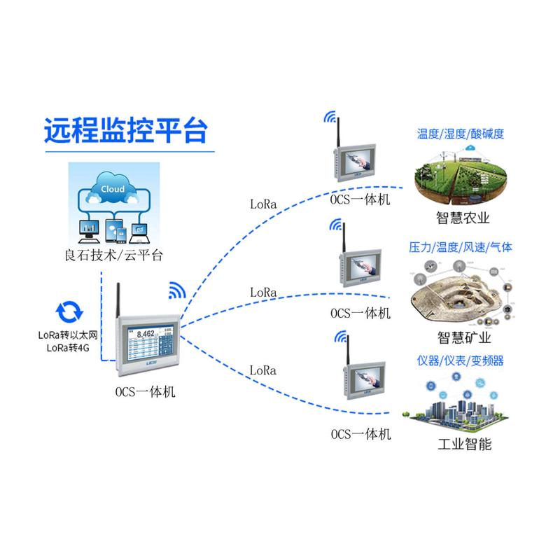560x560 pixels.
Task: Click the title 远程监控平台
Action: [126, 130]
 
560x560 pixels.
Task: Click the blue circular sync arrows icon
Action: [69, 310]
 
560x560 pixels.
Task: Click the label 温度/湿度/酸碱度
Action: [460, 134]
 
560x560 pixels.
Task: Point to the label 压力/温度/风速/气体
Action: [460, 247]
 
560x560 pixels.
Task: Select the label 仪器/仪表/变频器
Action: [460, 361]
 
